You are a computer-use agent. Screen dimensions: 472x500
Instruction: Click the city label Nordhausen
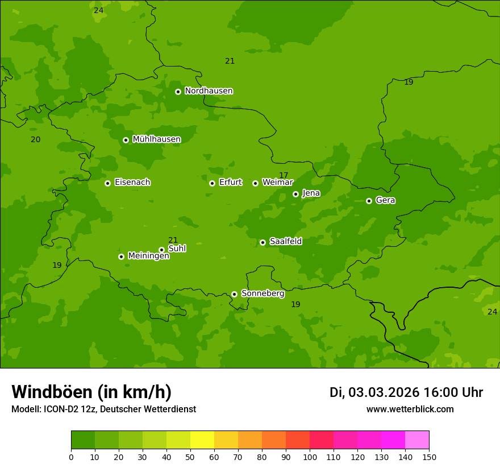click(x=209, y=91)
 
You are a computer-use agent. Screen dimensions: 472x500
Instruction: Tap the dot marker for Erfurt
click(x=212, y=183)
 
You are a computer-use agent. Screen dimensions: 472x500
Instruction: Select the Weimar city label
click(x=277, y=183)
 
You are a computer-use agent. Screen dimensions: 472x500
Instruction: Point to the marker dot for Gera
click(x=369, y=201)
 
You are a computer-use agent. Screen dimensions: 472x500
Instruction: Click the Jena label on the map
click(x=311, y=193)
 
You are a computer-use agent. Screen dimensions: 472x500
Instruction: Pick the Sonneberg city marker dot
click(x=234, y=294)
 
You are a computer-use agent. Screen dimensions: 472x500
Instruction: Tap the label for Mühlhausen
click(x=156, y=139)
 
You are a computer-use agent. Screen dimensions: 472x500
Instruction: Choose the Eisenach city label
click(x=132, y=183)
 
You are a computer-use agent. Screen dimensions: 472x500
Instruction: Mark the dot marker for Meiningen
click(x=121, y=256)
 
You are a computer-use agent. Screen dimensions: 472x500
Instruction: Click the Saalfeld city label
click(x=285, y=242)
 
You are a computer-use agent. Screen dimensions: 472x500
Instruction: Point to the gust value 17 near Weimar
click(x=284, y=175)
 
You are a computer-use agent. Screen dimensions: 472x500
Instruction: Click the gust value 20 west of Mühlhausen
click(x=35, y=139)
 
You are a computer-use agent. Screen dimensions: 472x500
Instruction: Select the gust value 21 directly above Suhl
click(x=173, y=240)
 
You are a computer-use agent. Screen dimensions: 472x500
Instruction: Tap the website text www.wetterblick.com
click(x=410, y=409)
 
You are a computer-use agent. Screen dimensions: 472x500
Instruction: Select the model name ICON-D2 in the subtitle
click(x=64, y=409)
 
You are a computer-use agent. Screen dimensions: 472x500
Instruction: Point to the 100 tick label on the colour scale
click(x=310, y=457)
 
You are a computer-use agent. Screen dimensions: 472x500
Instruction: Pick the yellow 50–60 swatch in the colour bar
click(x=202, y=440)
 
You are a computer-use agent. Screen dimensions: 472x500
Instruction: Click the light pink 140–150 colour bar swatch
click(x=417, y=440)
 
